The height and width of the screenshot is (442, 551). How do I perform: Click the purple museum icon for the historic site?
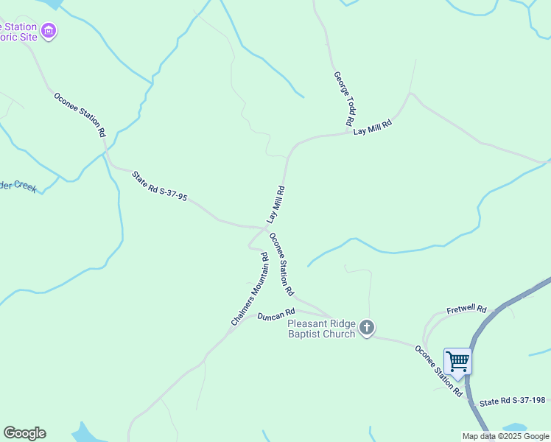click(x=49, y=31)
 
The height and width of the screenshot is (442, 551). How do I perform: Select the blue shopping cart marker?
click(x=457, y=361)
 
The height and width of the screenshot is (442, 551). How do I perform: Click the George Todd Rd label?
click(x=345, y=98)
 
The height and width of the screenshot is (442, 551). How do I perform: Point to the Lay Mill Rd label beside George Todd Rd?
click(x=371, y=127)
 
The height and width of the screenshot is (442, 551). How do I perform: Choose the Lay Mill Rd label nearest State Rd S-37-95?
click(x=276, y=204)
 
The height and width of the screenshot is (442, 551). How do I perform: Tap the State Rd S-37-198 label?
click(x=513, y=402)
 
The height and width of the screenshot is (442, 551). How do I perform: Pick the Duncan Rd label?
click(x=275, y=315)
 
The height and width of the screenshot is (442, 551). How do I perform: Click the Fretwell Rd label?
click(x=466, y=309)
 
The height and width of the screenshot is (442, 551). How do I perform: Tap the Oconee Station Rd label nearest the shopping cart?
click(x=438, y=371)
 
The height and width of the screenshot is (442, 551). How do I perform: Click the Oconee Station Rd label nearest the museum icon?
click(x=80, y=114)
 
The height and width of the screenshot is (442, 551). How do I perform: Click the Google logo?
click(x=24, y=433)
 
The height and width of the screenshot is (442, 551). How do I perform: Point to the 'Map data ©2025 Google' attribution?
click(x=506, y=436)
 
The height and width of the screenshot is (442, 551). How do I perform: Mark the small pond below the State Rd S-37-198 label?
click(x=513, y=428)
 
